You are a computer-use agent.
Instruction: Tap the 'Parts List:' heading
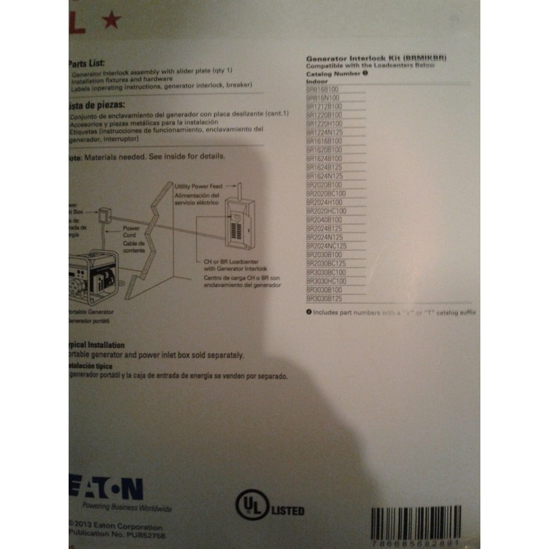pyautogui.click(x=86, y=60)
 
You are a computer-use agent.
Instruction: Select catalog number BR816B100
pyautogui.click(x=323, y=89)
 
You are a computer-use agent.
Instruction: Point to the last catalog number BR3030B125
pyautogui.click(x=324, y=300)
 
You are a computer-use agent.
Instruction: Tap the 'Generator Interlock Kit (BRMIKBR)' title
pyautogui.click(x=375, y=59)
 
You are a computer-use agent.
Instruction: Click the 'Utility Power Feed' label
pyautogui.click(x=196, y=186)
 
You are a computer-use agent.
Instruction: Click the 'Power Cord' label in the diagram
pyautogui.click(x=132, y=229)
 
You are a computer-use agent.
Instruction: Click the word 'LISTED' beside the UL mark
pyautogui.click(x=288, y=511)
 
